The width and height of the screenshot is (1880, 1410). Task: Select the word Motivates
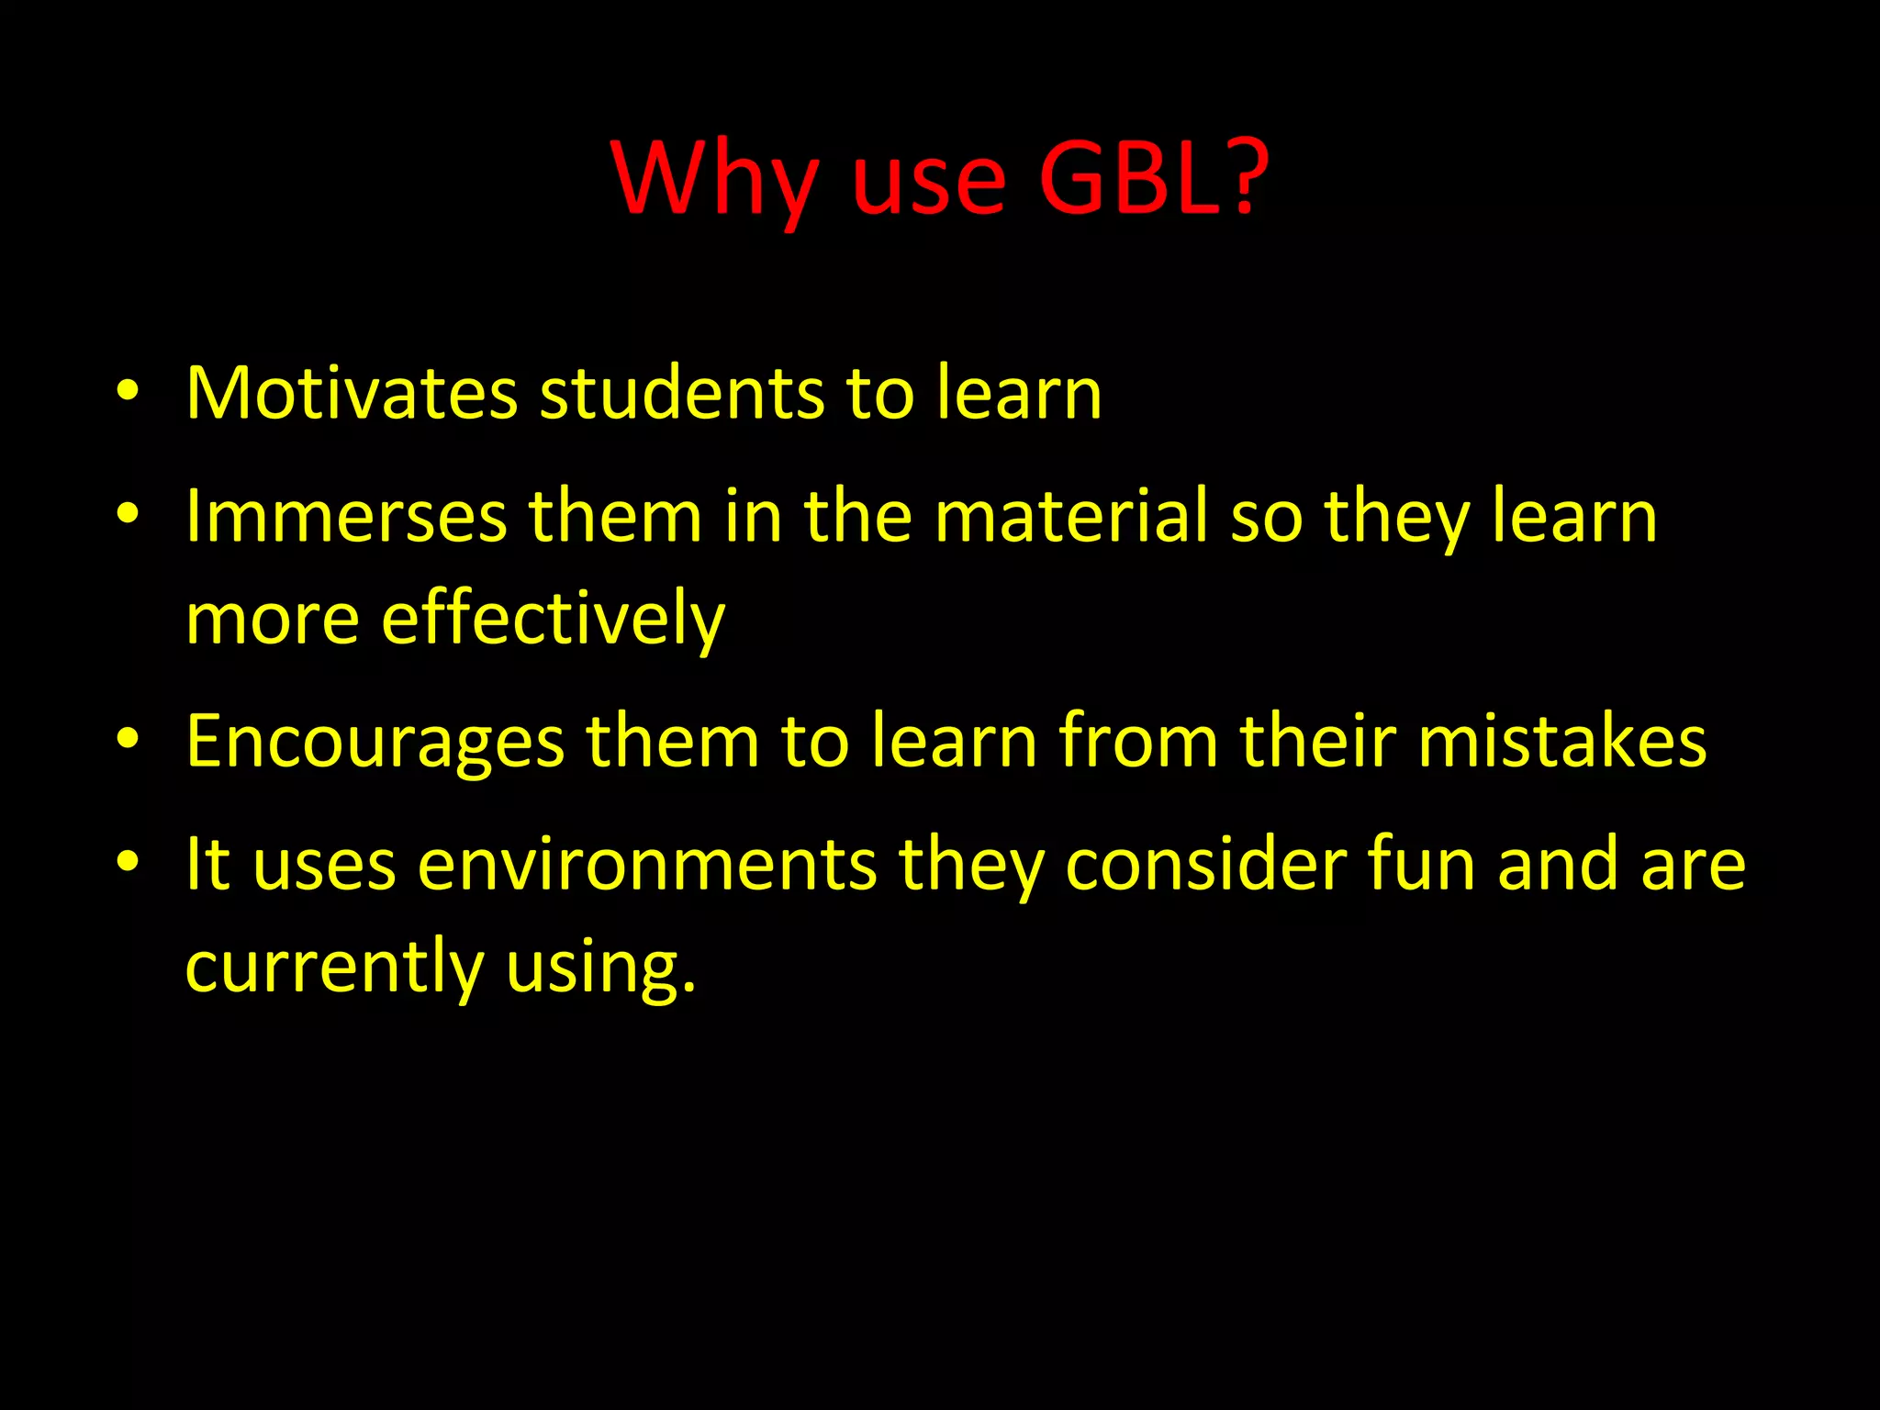(352, 394)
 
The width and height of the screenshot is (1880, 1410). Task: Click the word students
(681, 394)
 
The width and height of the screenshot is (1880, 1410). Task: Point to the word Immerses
(346, 517)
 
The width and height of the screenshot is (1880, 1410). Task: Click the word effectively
(553, 619)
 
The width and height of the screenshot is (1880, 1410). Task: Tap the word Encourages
(375, 741)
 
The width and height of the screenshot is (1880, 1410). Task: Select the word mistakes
(1561, 741)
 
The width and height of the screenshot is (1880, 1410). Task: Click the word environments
(647, 865)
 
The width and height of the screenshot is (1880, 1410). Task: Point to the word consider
(1205, 865)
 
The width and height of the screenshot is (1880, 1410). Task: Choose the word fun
(1421, 865)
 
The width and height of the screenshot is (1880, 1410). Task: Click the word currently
(334, 968)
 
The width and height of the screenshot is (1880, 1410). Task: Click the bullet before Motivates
(128, 393)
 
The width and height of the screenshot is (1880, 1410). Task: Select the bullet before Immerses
(128, 515)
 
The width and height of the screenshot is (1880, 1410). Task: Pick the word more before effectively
(273, 619)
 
